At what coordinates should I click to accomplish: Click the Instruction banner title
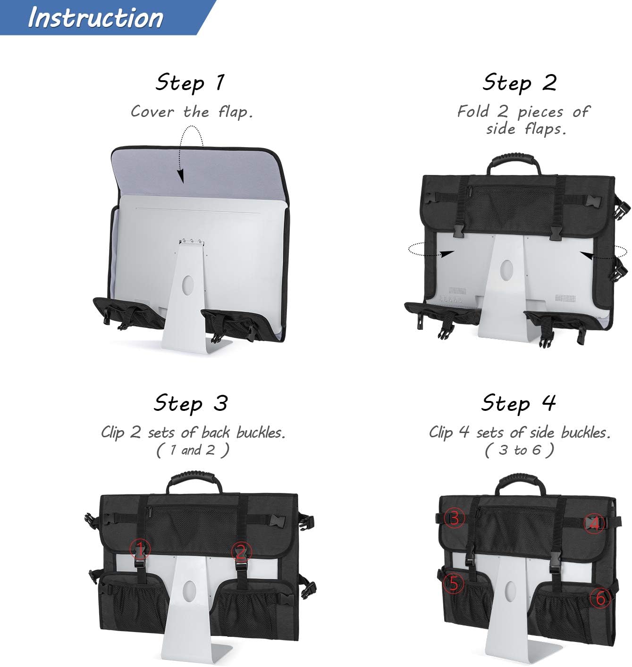[95, 18]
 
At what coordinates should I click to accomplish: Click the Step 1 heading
[190, 83]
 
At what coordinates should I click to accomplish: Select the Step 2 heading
[519, 83]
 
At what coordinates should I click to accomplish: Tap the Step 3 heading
[191, 404]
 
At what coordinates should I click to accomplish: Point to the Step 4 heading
[518, 404]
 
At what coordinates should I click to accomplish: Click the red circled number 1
[140, 549]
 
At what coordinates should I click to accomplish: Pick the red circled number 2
[241, 550]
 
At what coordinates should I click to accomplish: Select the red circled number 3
[454, 518]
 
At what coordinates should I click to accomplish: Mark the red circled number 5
[453, 584]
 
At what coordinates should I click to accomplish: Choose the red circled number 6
[600, 598]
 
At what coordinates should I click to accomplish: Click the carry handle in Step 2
[514, 160]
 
